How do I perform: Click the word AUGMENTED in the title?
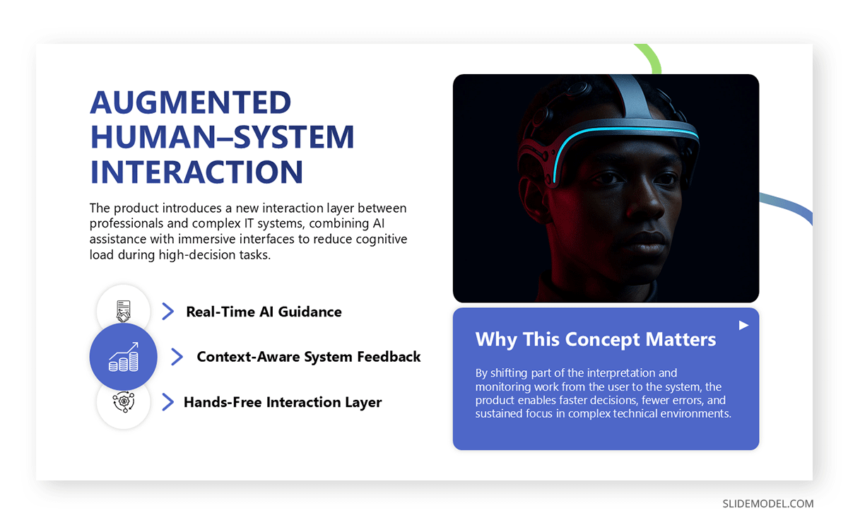point(190,103)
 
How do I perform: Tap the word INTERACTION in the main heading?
point(196,172)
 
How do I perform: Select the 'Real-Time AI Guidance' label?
point(264,312)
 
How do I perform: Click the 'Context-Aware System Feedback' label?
point(309,357)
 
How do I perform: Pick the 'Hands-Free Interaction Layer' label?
point(283,402)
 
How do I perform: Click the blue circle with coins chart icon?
point(123,357)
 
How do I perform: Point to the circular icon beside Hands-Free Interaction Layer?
point(123,401)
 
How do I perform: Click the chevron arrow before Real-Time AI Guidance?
point(167,312)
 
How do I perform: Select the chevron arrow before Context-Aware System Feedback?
point(177,357)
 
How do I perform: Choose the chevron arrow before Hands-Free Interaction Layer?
point(167,402)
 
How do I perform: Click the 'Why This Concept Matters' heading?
point(596,339)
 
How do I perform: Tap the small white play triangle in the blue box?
point(743,325)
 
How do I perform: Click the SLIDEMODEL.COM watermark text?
point(767,504)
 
